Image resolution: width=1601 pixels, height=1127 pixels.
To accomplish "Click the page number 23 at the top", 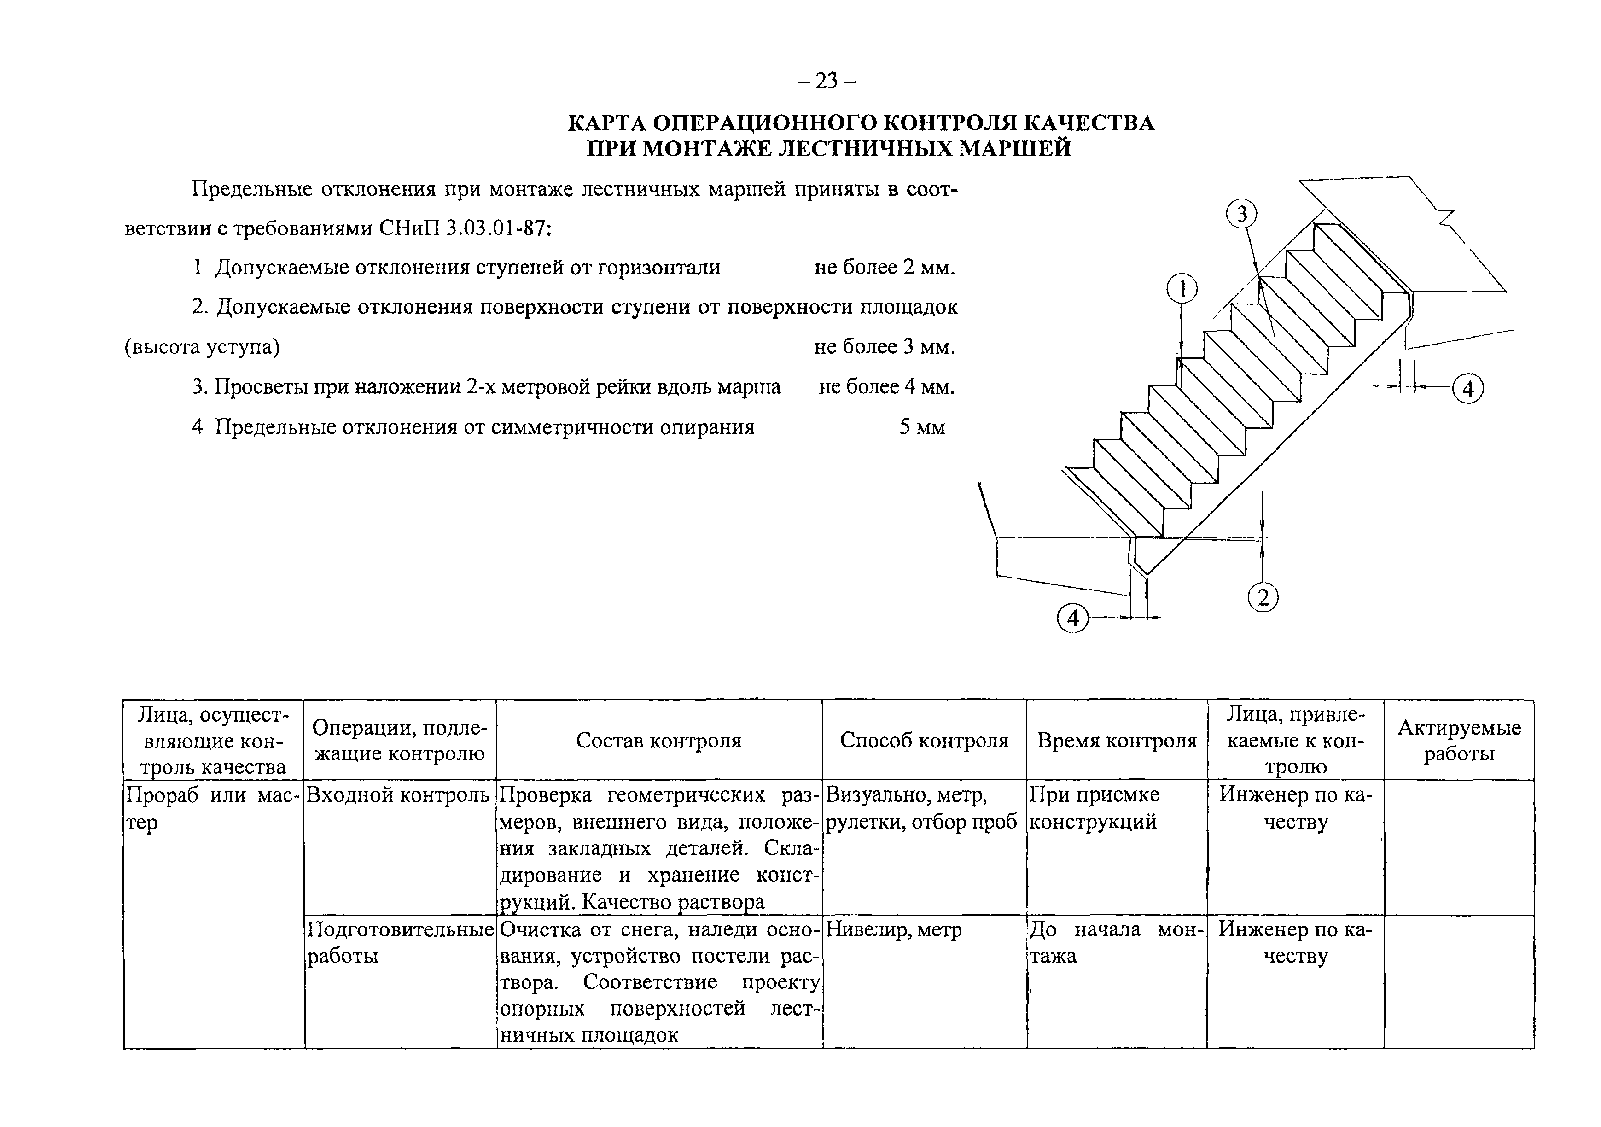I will [x=827, y=82].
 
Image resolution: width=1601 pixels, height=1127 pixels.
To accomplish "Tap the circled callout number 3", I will [x=1241, y=214].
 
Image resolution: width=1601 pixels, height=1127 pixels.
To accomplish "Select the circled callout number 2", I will [x=1263, y=598].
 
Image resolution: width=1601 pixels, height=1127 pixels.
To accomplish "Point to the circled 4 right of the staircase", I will [x=1468, y=388].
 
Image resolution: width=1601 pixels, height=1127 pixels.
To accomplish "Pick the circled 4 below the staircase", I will [x=1072, y=619].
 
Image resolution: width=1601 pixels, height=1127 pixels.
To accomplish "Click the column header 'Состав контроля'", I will [x=658, y=741].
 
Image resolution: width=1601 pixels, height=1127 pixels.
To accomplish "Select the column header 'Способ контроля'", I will [x=924, y=741].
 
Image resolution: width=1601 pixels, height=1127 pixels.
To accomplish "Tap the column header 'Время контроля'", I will [x=1117, y=741].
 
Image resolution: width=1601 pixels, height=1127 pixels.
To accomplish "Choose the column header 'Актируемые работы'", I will [x=1459, y=741].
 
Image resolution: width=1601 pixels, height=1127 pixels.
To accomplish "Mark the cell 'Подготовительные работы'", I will [x=400, y=942].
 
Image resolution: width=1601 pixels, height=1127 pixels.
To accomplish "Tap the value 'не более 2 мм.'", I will [x=884, y=268].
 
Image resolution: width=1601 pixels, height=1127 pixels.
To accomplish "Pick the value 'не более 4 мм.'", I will [x=886, y=387].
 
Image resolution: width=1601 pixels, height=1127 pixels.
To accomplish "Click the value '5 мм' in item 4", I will [x=922, y=427].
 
